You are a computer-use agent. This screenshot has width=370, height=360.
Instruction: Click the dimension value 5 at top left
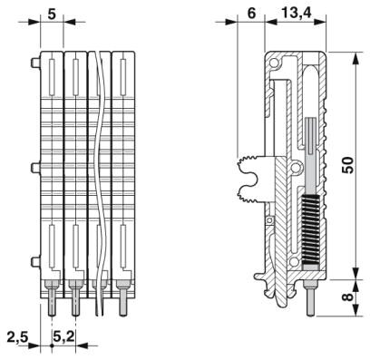[x=52, y=15]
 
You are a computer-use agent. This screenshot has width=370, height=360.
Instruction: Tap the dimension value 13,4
[x=297, y=13]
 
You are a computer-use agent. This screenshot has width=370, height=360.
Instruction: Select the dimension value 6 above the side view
[x=251, y=14]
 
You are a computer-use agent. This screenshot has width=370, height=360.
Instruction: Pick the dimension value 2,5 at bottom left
[x=17, y=337]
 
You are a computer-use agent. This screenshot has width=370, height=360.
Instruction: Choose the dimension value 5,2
[x=63, y=336]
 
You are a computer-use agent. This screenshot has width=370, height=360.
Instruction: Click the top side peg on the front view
[x=35, y=63]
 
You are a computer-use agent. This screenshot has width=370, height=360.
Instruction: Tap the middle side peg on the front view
[x=35, y=168]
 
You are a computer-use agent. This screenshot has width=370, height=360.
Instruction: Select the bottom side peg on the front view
[x=35, y=262]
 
